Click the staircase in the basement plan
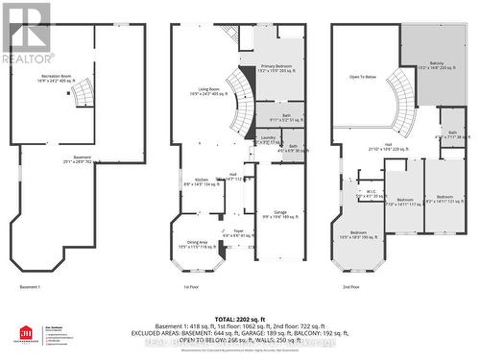tap(84, 95)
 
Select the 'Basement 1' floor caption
tap(32, 286)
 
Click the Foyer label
tap(237, 231)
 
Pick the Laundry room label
tap(268, 139)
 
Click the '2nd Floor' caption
tap(350, 286)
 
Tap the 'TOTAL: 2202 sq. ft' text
tap(239, 317)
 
